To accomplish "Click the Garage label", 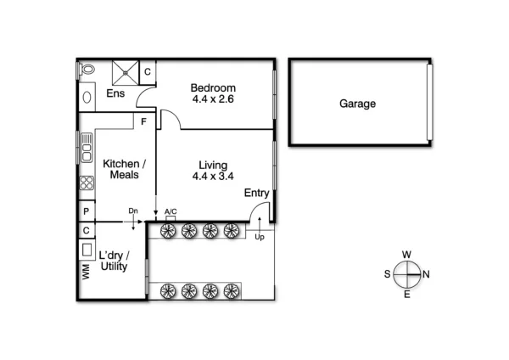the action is point(357,104).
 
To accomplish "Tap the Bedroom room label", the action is point(212,88).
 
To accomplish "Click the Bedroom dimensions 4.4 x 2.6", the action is point(212,99).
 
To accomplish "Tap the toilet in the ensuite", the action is point(87,71).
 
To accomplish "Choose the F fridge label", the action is point(145,121).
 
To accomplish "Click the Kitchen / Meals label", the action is point(124,169).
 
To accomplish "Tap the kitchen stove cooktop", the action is point(87,183).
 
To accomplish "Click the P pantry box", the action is point(87,211).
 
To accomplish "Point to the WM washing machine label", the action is point(86,273).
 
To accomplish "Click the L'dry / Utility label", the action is point(113,262).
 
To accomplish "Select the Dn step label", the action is point(133,211).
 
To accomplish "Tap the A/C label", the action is point(171,211).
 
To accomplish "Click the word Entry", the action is point(256,194).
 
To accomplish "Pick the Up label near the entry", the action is point(259,238).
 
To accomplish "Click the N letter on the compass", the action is point(426,273).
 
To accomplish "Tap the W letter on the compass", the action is point(407,255).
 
